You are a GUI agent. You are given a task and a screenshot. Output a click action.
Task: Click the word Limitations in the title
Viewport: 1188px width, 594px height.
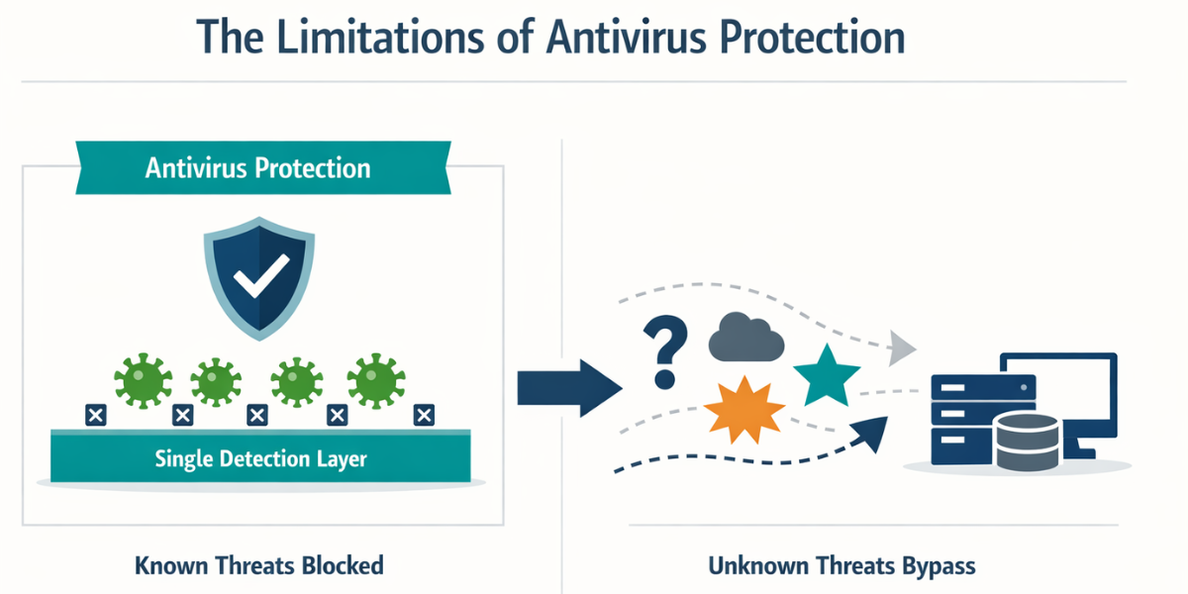point(379,38)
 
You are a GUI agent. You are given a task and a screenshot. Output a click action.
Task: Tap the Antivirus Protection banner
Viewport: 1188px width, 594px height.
point(263,167)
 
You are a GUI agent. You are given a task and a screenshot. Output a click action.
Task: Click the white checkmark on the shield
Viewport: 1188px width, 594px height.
point(261,275)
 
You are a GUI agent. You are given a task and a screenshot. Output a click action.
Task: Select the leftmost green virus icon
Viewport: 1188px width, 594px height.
point(144,381)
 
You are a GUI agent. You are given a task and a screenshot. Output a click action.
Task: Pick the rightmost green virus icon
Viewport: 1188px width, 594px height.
point(376,381)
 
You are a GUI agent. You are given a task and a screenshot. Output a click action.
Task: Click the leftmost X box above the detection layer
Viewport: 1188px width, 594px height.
point(95,415)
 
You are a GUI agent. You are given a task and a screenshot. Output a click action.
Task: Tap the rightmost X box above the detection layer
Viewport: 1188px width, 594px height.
point(424,415)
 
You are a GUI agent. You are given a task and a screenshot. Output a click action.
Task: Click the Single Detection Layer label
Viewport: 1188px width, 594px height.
point(260,458)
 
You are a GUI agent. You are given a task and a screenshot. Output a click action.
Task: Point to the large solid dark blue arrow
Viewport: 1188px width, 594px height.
point(569,388)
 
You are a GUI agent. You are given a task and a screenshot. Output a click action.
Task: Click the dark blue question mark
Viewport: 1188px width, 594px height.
point(665,352)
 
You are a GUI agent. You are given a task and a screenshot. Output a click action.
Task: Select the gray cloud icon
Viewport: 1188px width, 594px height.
point(746,338)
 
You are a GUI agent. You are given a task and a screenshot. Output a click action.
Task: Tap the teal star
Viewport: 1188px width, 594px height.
point(827,376)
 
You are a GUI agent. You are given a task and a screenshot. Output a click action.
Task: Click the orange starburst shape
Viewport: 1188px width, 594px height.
point(744,410)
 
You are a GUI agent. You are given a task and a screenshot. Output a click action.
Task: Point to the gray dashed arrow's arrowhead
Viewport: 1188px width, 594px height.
point(902,347)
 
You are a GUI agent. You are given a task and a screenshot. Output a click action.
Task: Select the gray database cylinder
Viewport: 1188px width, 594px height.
point(1028,443)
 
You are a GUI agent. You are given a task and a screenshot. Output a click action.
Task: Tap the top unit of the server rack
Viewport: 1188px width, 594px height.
point(983,388)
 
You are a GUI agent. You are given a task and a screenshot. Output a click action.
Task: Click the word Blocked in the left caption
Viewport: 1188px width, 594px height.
point(343,565)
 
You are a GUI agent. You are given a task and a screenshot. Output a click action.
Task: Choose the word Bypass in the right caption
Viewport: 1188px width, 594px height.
point(939,566)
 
